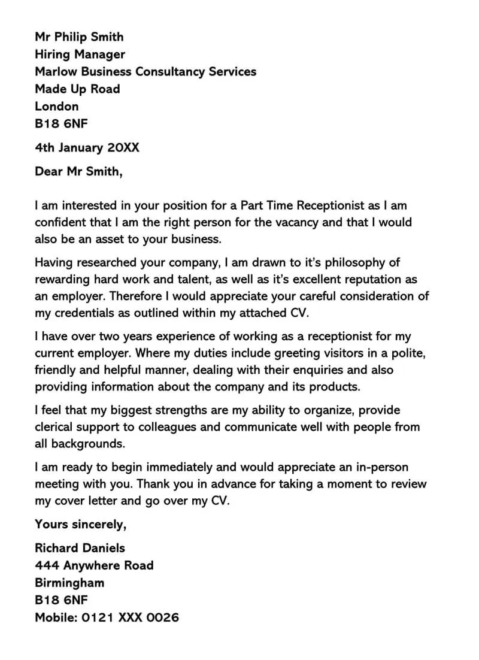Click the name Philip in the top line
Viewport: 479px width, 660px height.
(72, 37)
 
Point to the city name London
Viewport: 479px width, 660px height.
(57, 107)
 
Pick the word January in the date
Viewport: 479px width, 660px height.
(83, 147)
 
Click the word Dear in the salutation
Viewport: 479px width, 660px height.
(48, 172)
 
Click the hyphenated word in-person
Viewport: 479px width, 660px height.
(381, 467)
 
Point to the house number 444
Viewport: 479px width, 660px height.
(47, 565)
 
